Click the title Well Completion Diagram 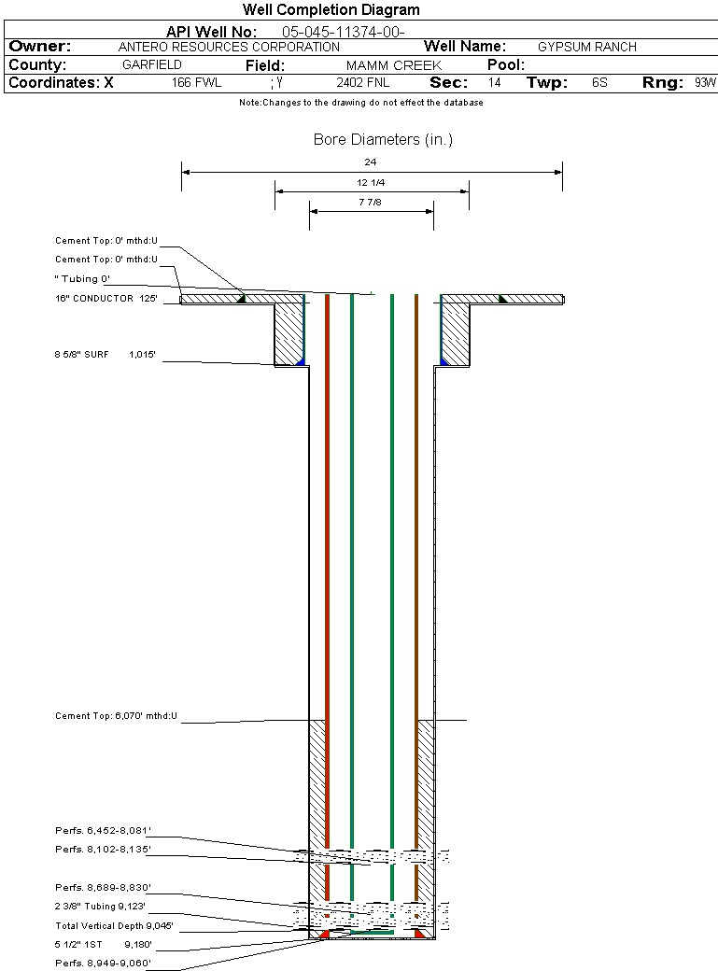[331, 10]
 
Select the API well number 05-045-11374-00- [344, 32]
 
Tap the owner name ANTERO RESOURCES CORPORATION [229, 47]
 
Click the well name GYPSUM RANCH [586, 47]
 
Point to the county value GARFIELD [152, 64]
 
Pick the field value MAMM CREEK [393, 65]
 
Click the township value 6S [599, 82]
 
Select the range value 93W [705, 82]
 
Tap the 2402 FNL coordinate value [363, 82]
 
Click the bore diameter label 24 [370, 162]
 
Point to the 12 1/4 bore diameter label [371, 182]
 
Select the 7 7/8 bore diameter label [370, 202]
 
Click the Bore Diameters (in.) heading [383, 139]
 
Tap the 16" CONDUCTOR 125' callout [106, 298]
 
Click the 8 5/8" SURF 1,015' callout [105, 354]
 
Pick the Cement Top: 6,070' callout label [116, 716]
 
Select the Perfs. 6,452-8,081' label [103, 830]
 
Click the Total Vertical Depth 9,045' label [114, 926]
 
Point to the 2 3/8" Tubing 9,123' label [100, 906]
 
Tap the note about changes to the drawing [361, 102]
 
